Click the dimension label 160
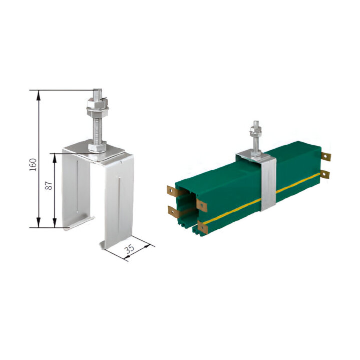[x=33, y=164]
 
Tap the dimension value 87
[x=49, y=186]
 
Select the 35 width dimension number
[x=130, y=249]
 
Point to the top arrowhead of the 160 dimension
[x=39, y=95]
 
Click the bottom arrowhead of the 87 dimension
[x=55, y=222]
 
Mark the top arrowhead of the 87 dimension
[x=55, y=158]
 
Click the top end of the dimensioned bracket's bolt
[x=98, y=90]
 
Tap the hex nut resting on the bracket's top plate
[x=97, y=147]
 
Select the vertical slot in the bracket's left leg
[x=78, y=186]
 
